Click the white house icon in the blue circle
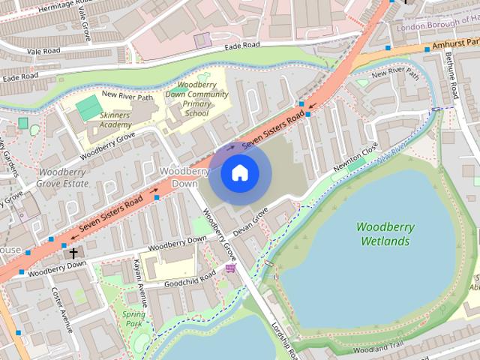coord(239,173)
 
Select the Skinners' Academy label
coord(115,120)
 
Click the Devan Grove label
coord(250,223)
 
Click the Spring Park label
coord(133,319)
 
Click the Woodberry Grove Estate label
coord(62,177)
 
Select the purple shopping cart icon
coord(230,268)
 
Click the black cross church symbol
coord(73,253)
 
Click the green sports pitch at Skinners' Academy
coord(88,107)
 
